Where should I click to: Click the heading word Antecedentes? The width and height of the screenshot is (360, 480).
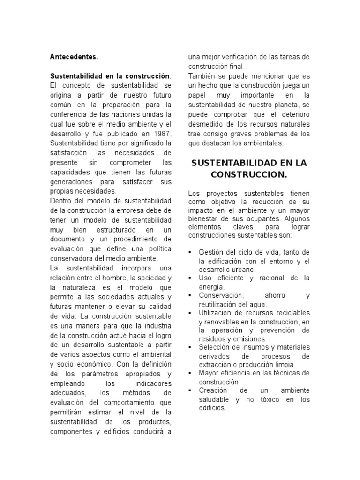click(74, 57)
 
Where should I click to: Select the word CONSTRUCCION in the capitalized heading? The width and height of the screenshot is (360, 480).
click(248, 174)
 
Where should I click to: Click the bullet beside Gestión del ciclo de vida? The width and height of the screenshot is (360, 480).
click(190, 252)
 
